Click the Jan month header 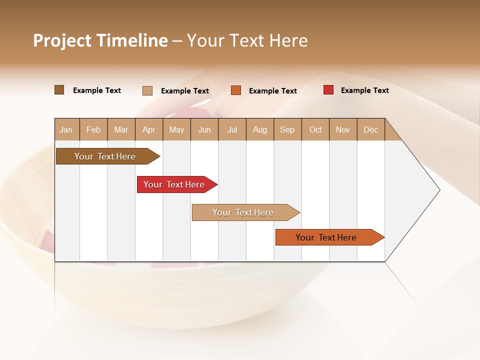click(66, 129)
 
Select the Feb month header click(93, 129)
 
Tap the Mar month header click(121, 129)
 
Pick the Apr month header click(149, 129)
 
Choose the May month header click(176, 129)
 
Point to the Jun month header click(204, 129)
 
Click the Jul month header click(232, 129)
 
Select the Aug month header click(260, 129)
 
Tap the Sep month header click(287, 129)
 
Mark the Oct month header click(315, 129)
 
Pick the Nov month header click(343, 129)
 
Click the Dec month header click(371, 129)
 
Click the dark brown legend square click(59, 90)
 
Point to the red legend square click(328, 90)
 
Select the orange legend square click(236, 90)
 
